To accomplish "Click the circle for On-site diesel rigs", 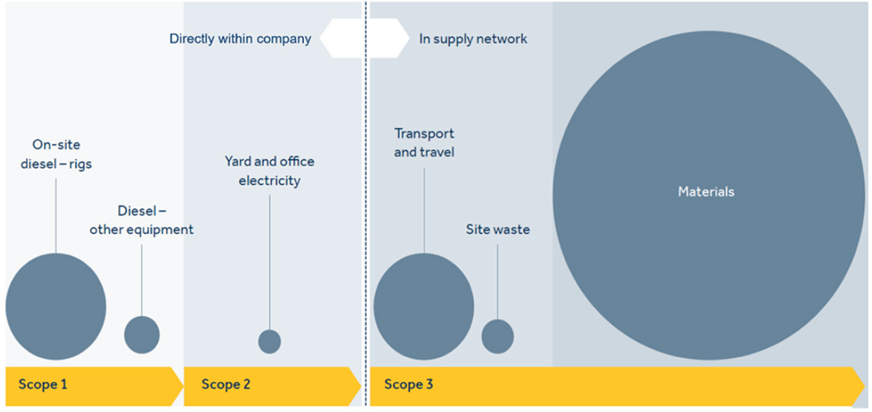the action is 55,307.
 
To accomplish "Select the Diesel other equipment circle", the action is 142,335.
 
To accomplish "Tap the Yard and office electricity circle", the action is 269,341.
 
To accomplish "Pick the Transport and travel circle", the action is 424,307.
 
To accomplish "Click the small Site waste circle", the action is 497,336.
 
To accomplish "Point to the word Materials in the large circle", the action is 706,192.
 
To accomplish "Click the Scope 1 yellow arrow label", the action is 43,384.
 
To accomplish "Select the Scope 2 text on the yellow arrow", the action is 226,384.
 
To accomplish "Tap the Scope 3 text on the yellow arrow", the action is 408,384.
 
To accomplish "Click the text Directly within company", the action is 240,40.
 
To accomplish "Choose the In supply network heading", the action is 473,40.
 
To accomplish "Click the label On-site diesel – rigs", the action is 55,155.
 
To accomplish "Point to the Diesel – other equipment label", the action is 142,220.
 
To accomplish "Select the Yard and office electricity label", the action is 269,171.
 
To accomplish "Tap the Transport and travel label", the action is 424,143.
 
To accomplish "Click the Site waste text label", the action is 497,229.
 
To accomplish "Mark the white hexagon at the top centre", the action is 365,39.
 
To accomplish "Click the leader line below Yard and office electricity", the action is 269,263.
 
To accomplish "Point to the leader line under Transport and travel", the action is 424,210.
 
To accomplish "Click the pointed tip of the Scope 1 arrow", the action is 184,386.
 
